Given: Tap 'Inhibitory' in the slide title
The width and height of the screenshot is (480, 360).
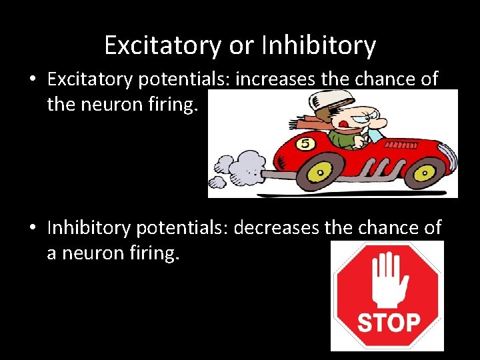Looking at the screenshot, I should click(x=319, y=45).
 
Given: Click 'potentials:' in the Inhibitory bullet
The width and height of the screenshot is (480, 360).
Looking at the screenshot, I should click(x=181, y=228).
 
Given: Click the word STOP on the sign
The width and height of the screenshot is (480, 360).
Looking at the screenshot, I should click(x=388, y=323).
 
